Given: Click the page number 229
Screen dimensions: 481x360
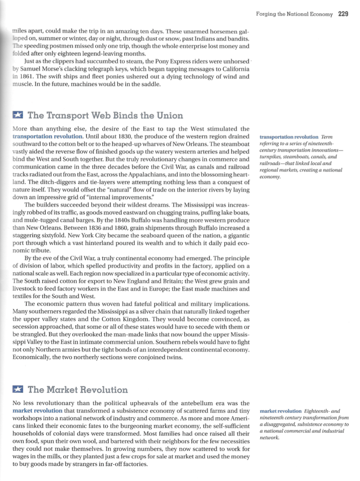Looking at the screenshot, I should click(343, 14).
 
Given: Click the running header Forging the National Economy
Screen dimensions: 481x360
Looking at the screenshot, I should click(294, 14).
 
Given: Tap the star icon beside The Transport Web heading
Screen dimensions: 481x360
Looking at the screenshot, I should click(18, 116).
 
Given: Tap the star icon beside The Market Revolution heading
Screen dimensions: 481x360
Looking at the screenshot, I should click(18, 389).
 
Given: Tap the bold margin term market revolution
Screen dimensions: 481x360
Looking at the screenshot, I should click(280, 411).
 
